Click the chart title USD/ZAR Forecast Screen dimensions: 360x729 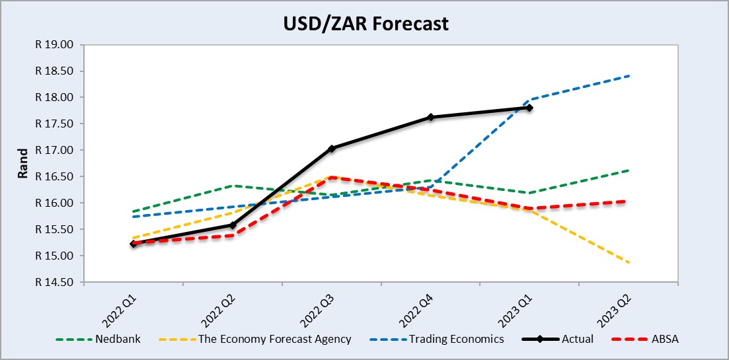point(364,24)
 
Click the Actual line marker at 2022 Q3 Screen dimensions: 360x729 point(332,149)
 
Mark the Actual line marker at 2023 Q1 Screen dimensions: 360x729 point(529,108)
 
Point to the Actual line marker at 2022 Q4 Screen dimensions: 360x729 point(431,117)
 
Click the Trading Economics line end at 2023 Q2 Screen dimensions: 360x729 point(628,76)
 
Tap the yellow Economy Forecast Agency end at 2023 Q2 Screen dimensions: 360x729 point(628,262)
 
